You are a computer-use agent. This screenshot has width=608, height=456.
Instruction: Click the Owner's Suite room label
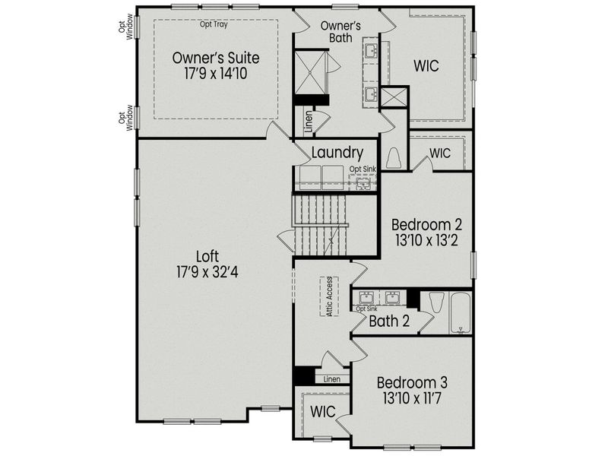(x=216, y=58)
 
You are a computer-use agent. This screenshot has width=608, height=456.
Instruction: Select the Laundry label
(x=337, y=153)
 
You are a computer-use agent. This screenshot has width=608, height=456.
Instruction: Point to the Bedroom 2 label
(x=426, y=225)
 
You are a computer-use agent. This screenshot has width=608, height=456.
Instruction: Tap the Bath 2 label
(x=389, y=321)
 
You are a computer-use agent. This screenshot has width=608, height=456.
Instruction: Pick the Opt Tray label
(x=214, y=24)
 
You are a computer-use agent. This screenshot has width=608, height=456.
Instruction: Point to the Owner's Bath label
(x=340, y=31)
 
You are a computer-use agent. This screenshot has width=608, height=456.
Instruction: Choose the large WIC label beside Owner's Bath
(x=426, y=65)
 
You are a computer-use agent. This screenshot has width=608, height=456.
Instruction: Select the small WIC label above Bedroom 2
(x=440, y=153)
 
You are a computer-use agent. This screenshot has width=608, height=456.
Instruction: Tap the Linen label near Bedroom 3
(x=331, y=378)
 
